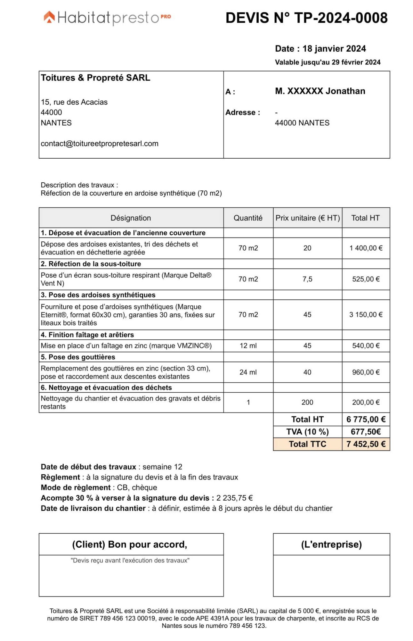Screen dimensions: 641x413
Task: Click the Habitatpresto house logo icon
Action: (x=49, y=17)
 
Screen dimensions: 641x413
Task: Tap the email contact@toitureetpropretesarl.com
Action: (x=99, y=144)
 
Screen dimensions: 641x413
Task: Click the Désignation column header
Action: (x=131, y=218)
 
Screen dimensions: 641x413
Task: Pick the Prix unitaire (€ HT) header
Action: (x=307, y=218)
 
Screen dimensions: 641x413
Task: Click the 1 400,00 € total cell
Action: (x=365, y=248)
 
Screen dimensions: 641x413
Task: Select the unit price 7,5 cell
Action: (x=307, y=279)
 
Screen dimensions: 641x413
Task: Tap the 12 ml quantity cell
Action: (x=248, y=345)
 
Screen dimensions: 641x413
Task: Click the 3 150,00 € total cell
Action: (x=365, y=314)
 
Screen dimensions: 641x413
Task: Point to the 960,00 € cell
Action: (x=365, y=372)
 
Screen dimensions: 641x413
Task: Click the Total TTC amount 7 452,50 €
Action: (x=365, y=444)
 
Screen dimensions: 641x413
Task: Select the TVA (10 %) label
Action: (x=307, y=432)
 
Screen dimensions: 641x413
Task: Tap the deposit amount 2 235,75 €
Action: (x=234, y=498)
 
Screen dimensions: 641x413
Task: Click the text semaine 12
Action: (x=162, y=467)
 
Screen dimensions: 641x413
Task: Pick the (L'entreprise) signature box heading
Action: (x=331, y=544)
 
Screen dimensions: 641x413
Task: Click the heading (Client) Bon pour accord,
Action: (x=129, y=544)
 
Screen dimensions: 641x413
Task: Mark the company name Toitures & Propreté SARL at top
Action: (x=95, y=78)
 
